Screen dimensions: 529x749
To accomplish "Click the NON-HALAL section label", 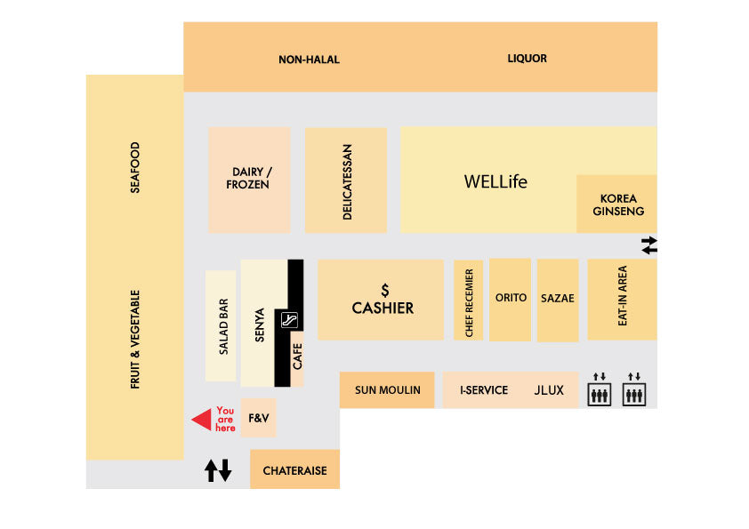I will tap(309, 60).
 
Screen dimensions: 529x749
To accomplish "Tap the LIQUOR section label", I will tap(527, 59).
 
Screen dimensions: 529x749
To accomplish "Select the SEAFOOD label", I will tap(135, 167).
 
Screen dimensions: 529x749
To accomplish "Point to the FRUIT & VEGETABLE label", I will tap(135, 339).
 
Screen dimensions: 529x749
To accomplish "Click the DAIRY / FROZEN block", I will tap(248, 179).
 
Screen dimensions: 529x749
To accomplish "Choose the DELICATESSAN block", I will tap(346, 180).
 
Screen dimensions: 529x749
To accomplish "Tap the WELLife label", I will tap(495, 182).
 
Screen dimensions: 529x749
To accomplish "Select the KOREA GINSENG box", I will tap(617, 204).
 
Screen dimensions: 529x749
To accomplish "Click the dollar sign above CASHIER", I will tap(384, 291).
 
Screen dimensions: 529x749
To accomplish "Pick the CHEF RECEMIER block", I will tap(469, 301).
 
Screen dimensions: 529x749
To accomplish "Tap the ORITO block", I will tap(511, 299).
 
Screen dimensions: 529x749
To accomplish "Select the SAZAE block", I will tap(558, 300).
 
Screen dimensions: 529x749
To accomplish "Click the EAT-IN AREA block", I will tap(622, 299).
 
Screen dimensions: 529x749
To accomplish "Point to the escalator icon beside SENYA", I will tap(288, 321).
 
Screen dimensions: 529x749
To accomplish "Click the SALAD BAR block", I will tap(221, 326).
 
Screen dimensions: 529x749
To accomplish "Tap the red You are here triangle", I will tap(203, 419).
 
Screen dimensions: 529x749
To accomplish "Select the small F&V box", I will tap(258, 418).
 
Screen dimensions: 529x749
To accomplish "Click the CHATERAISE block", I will tap(294, 470).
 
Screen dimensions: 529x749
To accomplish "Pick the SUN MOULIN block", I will tap(387, 390).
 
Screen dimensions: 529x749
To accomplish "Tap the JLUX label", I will tap(548, 390).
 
